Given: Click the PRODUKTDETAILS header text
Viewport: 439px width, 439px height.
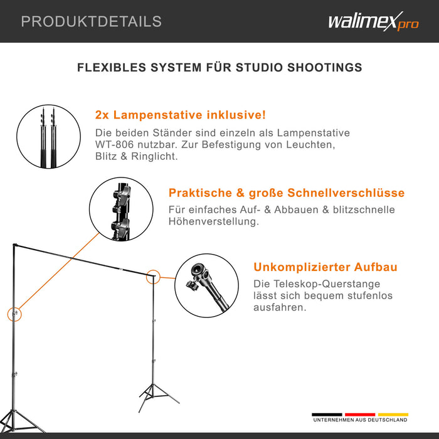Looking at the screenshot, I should [91, 21].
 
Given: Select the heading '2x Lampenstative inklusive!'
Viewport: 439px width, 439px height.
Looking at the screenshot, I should [181, 115].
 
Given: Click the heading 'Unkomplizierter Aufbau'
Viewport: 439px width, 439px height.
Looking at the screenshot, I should [325, 268].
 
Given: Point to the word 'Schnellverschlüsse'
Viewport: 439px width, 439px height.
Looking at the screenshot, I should [346, 193].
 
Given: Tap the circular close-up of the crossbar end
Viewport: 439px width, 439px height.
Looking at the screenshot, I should [207, 286].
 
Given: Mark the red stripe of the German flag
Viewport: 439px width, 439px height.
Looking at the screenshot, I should [360, 415].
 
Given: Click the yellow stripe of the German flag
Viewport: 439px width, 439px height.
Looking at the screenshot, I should [393, 415].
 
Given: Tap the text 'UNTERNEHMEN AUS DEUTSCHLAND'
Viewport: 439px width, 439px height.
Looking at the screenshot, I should [360, 420].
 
